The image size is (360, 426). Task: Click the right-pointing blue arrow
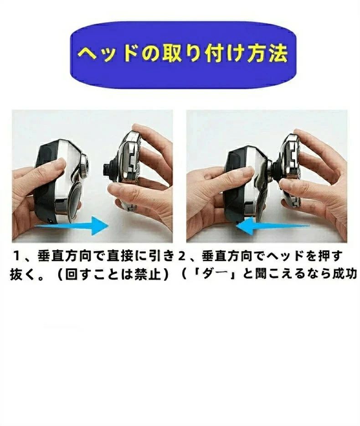[x=72, y=225]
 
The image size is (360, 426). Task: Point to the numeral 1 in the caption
[x=17, y=256]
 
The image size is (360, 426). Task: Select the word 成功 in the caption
[x=345, y=275]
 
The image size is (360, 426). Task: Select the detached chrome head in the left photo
[x=128, y=168]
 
